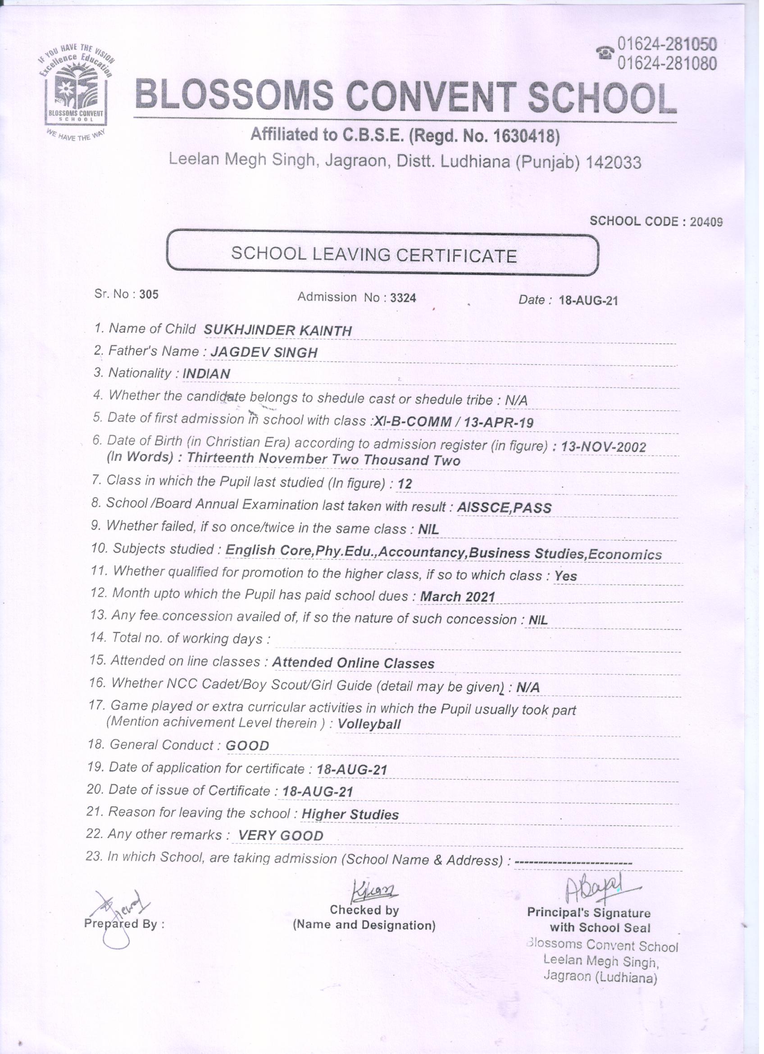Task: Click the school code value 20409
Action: pos(706,222)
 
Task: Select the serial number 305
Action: pos(149,294)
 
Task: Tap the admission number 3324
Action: pos(403,298)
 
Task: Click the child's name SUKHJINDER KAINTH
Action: pos(278,330)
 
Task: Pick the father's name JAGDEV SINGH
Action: pos(264,352)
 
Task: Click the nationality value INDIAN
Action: pos(206,374)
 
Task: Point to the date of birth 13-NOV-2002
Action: pos(603,447)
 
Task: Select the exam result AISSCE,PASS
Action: pos(505,508)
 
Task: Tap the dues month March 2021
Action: pos(458,597)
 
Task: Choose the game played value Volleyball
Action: pos(369,724)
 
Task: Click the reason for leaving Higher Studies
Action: pos(350,815)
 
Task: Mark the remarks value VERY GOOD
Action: pos(280,835)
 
